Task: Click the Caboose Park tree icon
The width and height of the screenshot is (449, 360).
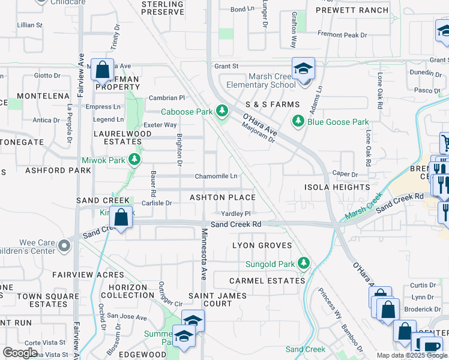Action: (223, 111)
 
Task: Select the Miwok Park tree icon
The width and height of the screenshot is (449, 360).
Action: (135, 159)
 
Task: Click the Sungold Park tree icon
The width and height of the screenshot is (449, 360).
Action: (304, 263)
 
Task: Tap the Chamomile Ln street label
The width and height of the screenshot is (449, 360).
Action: (216, 176)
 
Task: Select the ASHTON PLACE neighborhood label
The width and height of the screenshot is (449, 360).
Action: (223, 197)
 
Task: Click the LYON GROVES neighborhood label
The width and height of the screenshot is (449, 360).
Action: (262, 245)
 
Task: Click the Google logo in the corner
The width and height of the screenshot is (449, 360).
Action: (20, 353)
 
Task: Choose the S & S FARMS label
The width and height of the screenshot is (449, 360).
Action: (273, 104)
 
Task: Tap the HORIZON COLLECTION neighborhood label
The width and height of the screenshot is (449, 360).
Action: (128, 291)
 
